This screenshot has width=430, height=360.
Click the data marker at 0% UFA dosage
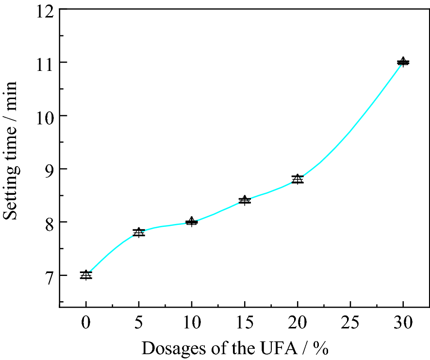pyautogui.click(x=86, y=275)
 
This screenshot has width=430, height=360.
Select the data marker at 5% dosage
pyautogui.click(x=139, y=232)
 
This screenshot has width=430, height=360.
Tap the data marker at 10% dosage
pyautogui.click(x=192, y=222)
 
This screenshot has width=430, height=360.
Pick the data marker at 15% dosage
pyautogui.click(x=245, y=200)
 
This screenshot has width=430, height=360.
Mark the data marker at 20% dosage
pyautogui.click(x=298, y=179)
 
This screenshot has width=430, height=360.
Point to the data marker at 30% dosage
pyautogui.click(x=403, y=62)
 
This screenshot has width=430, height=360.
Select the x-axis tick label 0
pyautogui.click(x=86, y=323)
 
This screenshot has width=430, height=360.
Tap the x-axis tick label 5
pyautogui.click(x=139, y=323)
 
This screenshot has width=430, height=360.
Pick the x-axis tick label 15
pyautogui.click(x=245, y=323)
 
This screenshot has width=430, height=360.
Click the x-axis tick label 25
pyautogui.click(x=350, y=323)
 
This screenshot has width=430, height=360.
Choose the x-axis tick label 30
pyautogui.click(x=403, y=323)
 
